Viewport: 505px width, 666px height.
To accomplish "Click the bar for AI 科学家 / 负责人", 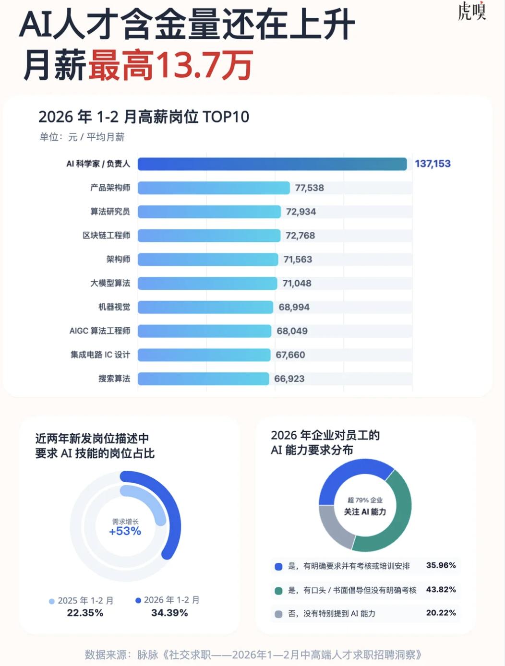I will (x=272, y=164).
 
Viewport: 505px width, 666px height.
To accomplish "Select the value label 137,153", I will (x=433, y=164).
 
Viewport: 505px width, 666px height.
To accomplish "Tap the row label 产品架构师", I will (x=110, y=188).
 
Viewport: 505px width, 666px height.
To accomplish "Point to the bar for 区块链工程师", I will (x=209, y=236).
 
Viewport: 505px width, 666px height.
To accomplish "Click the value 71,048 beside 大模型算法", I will (x=297, y=283).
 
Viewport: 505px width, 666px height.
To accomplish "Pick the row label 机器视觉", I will (x=114, y=307).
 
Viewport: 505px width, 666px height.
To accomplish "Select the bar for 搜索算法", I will (x=203, y=379).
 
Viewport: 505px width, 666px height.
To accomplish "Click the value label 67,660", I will (x=290, y=355).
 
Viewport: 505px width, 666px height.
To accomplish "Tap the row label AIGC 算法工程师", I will (x=99, y=331).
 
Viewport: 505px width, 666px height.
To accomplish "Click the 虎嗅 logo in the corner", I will (x=471, y=11).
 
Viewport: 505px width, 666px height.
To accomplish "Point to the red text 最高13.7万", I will (x=170, y=65).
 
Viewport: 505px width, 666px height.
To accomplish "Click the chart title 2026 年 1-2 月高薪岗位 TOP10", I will (x=144, y=117).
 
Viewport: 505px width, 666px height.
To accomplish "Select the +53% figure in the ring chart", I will (x=125, y=531).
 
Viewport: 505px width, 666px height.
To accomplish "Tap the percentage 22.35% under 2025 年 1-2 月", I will (x=85, y=613).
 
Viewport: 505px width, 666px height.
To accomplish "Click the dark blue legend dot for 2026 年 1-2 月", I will (x=138, y=600).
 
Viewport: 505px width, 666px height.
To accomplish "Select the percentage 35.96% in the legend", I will (x=441, y=565).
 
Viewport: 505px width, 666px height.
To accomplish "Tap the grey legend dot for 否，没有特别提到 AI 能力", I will (x=278, y=614).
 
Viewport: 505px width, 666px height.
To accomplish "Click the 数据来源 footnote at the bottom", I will (x=253, y=654).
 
